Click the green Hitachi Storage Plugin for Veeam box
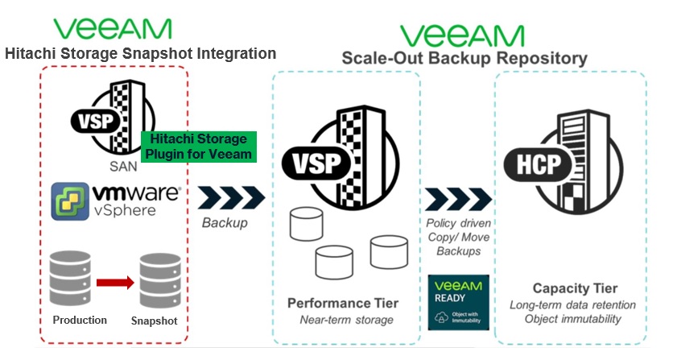pyautogui.click(x=198, y=147)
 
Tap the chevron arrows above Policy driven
pyautogui.click(x=458, y=199)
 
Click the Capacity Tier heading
pyautogui.click(x=575, y=288)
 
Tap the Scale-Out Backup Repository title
pyautogui.click(x=464, y=58)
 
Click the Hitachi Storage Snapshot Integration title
pyautogui.click(x=140, y=53)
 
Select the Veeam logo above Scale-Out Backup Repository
pyautogui.click(x=462, y=34)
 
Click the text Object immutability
pyautogui.click(x=573, y=319)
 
